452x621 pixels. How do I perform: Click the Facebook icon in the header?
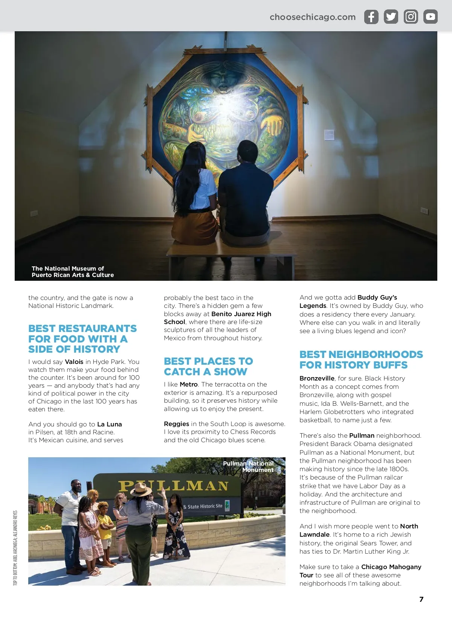(x=371, y=17)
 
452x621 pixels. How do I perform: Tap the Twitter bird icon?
(x=391, y=17)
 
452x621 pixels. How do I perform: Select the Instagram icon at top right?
(x=411, y=17)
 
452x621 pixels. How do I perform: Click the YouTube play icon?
(x=431, y=17)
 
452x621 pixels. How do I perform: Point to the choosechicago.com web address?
(x=313, y=17)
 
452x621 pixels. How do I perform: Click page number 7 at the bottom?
(x=421, y=600)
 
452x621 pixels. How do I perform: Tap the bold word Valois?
(x=74, y=362)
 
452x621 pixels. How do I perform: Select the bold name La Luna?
(x=109, y=424)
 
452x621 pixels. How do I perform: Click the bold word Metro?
(x=189, y=384)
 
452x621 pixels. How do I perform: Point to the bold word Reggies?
(x=176, y=424)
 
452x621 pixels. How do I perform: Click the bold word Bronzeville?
(x=317, y=378)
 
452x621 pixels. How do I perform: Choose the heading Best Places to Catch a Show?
(x=208, y=366)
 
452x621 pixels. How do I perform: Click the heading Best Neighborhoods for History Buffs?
(x=361, y=359)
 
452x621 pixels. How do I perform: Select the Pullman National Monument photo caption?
(x=249, y=467)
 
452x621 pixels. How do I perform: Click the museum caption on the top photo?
(x=73, y=272)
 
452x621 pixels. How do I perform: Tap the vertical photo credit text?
(x=15, y=548)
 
